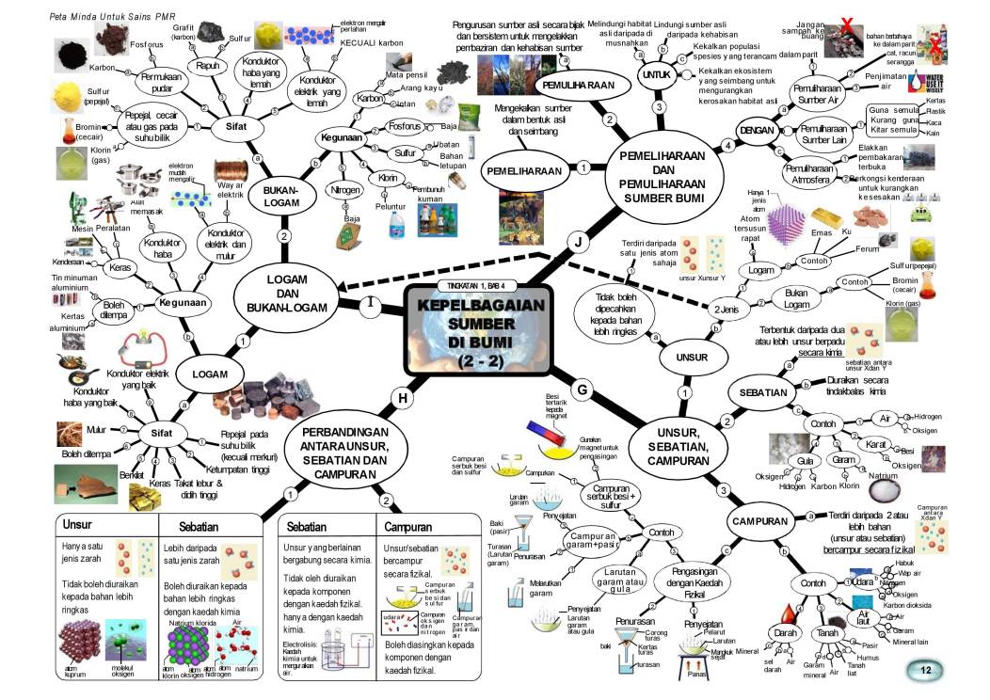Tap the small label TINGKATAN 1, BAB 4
(x=477, y=285)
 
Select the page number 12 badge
(x=926, y=670)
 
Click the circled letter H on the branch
(x=403, y=398)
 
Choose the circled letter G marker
(x=583, y=389)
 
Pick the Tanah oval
(x=828, y=632)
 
